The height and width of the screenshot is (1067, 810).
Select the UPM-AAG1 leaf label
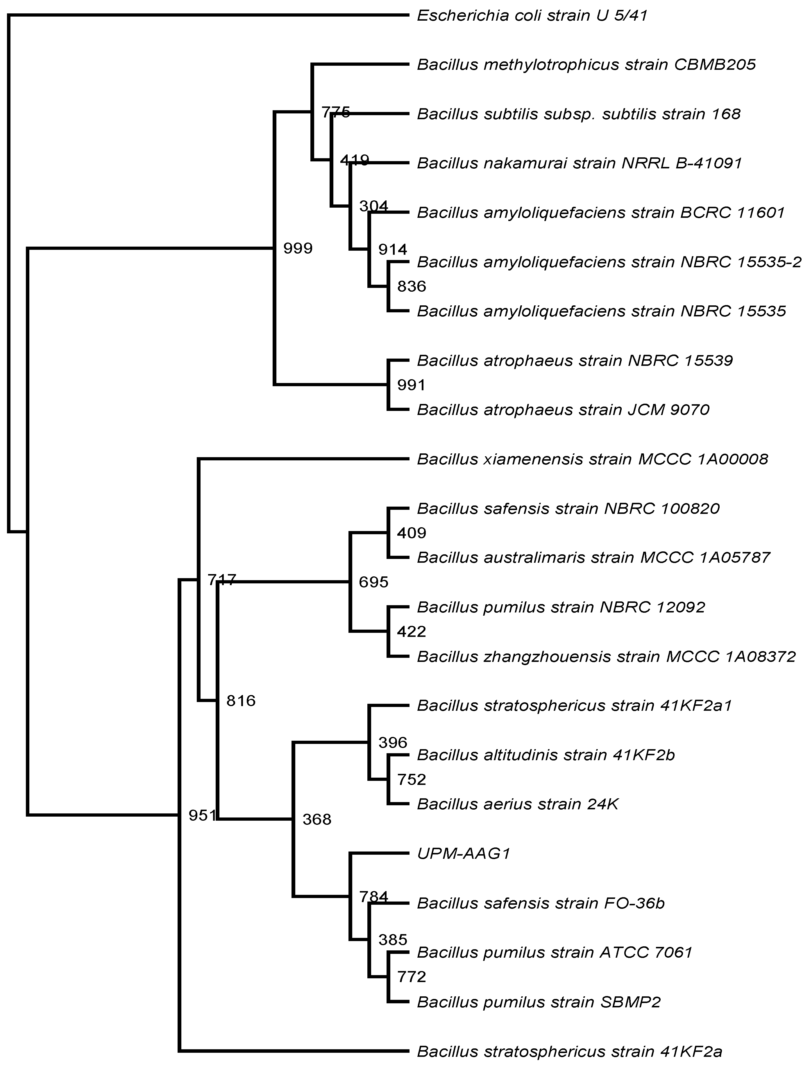coord(463,854)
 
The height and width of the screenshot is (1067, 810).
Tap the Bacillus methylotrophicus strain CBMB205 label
coord(586,65)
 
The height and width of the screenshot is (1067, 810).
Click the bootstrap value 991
coord(411,385)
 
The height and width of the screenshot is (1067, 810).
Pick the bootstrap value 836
coord(411,286)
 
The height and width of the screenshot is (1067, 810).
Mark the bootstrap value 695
coord(373,582)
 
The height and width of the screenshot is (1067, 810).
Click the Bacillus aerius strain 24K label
coord(517,804)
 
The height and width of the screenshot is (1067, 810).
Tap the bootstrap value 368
coord(317,819)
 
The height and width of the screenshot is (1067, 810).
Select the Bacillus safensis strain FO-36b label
coord(541,903)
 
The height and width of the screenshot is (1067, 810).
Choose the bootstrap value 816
coord(241,700)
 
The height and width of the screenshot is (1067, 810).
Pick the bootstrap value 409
coord(411,533)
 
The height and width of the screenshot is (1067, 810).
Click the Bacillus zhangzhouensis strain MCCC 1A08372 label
coord(606,656)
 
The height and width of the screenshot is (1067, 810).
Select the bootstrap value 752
coord(411,779)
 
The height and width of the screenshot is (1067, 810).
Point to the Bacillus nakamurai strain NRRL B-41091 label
coord(579,163)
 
